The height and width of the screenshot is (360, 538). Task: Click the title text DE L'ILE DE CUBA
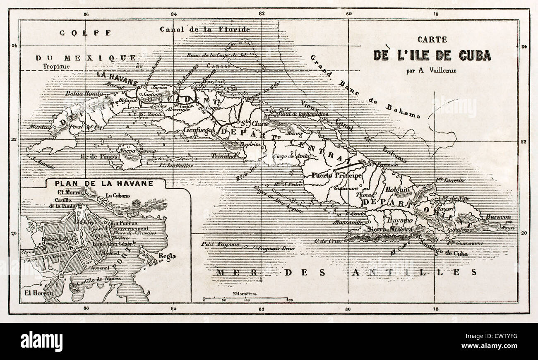pyautogui.click(x=432, y=55)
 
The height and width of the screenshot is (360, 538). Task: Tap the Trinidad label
pyautogui.click(x=223, y=156)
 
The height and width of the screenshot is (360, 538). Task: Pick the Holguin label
pyautogui.click(x=397, y=190)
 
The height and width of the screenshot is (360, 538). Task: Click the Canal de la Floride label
pyautogui.click(x=204, y=29)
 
